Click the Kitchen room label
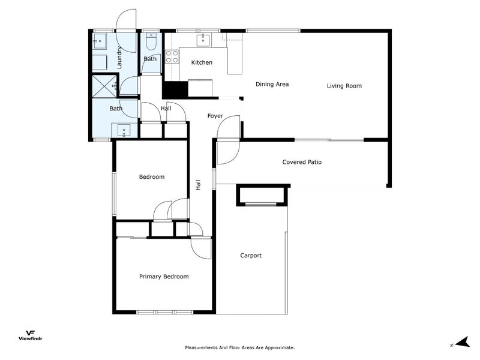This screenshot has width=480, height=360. click(x=201, y=62)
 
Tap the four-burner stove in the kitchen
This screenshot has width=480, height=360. click(x=172, y=56)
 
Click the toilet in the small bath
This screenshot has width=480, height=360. click(x=151, y=43)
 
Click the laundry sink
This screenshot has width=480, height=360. click(x=100, y=41)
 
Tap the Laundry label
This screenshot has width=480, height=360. click(x=119, y=58)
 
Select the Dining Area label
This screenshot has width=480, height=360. click(x=272, y=84)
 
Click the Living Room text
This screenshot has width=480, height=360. click(x=344, y=86)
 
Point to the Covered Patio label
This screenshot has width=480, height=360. click(x=302, y=162)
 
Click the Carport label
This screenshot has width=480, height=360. click(x=251, y=256)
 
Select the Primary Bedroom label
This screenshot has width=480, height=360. click(x=164, y=277)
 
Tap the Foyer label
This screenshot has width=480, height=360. click(x=215, y=116)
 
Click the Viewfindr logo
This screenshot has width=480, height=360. click(x=29, y=335)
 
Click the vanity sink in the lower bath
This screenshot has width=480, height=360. click(x=124, y=130)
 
